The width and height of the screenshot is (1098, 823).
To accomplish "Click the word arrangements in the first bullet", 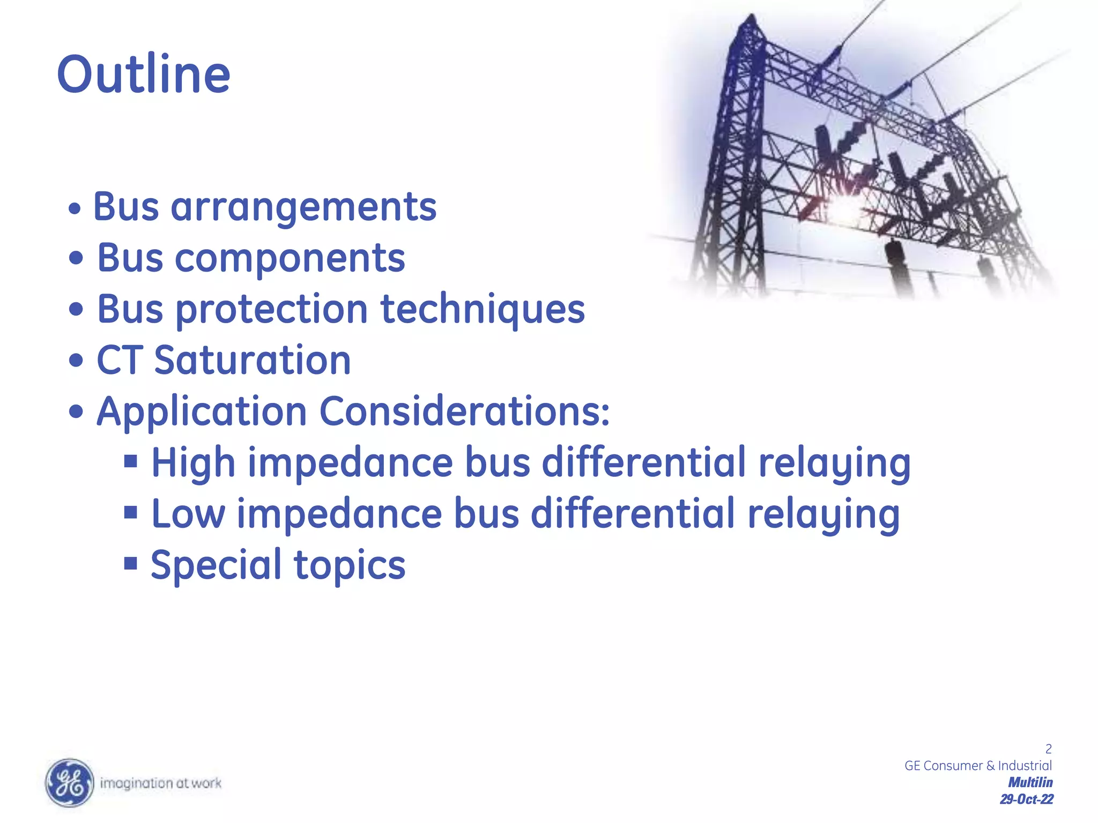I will click(x=303, y=207).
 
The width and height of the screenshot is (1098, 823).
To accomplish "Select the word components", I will click(x=290, y=258).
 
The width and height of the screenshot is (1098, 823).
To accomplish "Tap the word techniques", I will click(x=483, y=310).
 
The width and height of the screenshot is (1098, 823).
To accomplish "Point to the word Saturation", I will click(x=253, y=360).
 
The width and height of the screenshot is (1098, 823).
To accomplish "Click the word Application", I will click(x=202, y=411).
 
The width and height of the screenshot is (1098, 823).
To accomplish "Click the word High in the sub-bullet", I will click(x=193, y=462).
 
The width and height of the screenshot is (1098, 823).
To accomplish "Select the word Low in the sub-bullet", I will click(x=188, y=513).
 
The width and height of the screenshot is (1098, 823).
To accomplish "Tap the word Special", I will click(x=216, y=565).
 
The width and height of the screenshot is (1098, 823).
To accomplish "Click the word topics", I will click(x=350, y=565).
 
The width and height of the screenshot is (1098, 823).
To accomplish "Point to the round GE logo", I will click(x=69, y=783).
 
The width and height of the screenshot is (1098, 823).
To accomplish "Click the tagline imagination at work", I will click(x=161, y=783).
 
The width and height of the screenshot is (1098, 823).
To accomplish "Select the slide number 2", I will click(x=1048, y=749).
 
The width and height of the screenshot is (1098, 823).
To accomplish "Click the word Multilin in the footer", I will click(x=1030, y=782).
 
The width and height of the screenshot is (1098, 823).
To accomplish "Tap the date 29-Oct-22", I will click(x=1026, y=799).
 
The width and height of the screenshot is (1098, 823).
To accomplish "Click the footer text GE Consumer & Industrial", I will click(x=978, y=766).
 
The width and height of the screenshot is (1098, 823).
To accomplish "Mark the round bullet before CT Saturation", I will click(x=77, y=361).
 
